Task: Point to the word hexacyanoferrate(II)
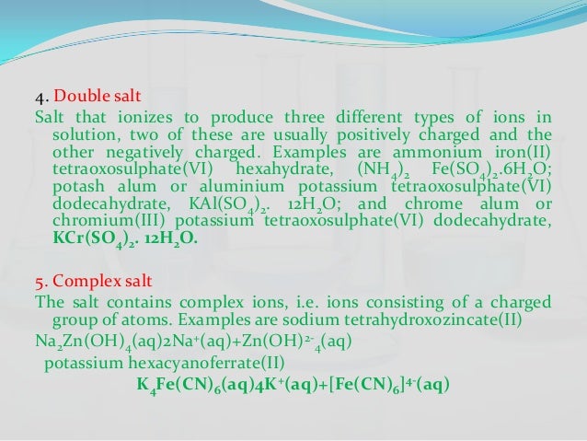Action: (x=185, y=362)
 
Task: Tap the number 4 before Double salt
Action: (x=39, y=96)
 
